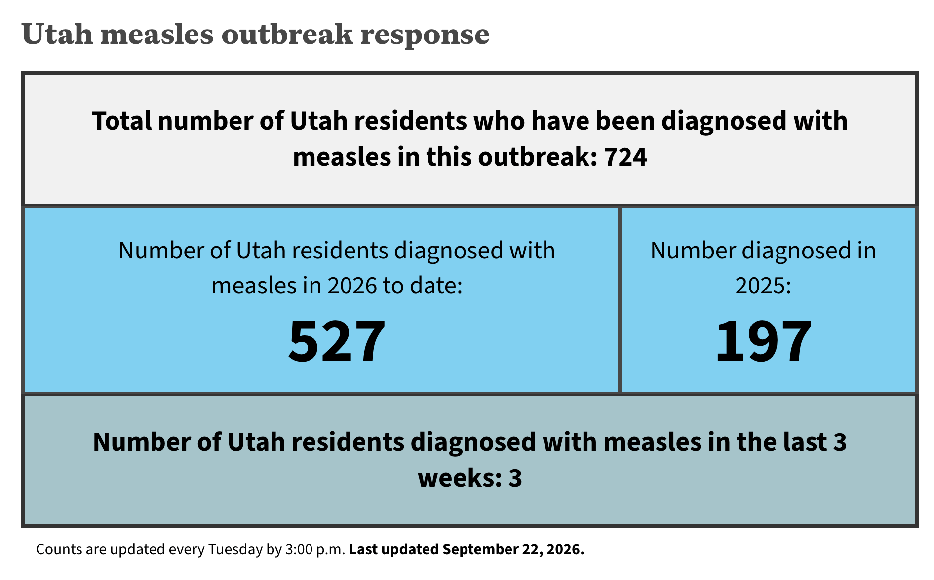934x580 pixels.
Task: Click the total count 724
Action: point(625,157)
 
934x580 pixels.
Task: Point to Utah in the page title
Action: point(57,34)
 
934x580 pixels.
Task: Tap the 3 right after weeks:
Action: point(515,478)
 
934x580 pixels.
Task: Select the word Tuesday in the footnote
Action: point(235,550)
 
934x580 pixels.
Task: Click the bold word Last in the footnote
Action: point(361,549)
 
